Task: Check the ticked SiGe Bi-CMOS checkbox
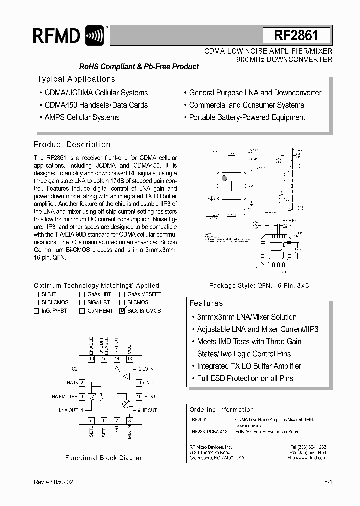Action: click(122, 311)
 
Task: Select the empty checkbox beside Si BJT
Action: click(36, 295)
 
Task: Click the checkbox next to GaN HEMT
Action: click(82, 311)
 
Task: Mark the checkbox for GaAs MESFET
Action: click(122, 295)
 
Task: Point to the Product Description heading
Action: click(72, 145)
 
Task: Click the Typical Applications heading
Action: click(76, 79)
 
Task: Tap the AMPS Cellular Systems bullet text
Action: click(82, 117)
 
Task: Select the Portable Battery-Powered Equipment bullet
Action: click(247, 117)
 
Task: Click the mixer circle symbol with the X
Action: click(126, 403)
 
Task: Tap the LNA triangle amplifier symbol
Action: click(93, 397)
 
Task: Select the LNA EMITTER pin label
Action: click(64, 396)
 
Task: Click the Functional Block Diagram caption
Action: click(105, 458)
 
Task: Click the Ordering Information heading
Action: click(221, 409)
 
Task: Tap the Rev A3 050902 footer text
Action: click(53, 483)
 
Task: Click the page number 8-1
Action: click(328, 483)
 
